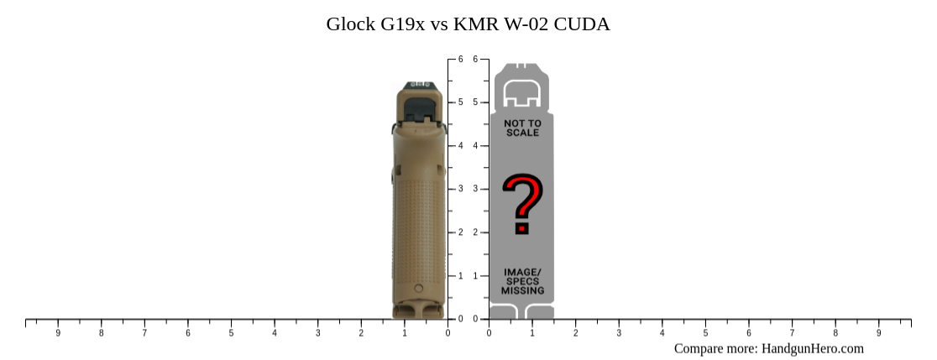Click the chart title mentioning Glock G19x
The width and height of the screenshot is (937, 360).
(x=468, y=24)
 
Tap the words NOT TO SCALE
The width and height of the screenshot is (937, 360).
(x=522, y=128)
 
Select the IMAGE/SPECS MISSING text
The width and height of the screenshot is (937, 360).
(x=522, y=281)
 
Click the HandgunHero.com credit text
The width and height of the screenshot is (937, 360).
(x=768, y=348)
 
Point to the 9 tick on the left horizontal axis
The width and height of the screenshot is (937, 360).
(x=58, y=332)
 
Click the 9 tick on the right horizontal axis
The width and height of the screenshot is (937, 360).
(x=879, y=332)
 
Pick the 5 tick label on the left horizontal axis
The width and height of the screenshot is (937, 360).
(x=231, y=332)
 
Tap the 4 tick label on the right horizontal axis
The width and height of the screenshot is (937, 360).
(x=662, y=332)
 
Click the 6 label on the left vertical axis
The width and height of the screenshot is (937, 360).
(x=460, y=60)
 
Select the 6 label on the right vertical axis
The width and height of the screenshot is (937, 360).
(x=476, y=60)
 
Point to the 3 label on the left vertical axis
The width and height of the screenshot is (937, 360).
(x=460, y=189)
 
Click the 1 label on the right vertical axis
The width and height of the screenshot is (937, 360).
(x=476, y=275)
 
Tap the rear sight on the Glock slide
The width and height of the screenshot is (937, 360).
(x=418, y=85)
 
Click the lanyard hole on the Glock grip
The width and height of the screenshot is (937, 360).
(x=419, y=289)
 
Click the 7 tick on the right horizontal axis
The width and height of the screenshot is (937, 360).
(x=793, y=332)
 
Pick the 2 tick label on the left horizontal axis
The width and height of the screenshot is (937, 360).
(x=361, y=332)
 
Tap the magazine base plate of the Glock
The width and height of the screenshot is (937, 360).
(x=419, y=310)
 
